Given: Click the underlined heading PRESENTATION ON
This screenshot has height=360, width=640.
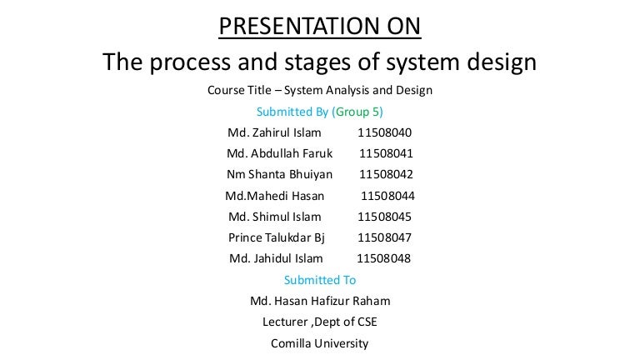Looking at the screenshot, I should tap(320, 27).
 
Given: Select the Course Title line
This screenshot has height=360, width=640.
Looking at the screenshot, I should tap(320, 91).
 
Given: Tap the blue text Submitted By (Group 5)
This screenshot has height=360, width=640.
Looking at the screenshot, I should tap(320, 112).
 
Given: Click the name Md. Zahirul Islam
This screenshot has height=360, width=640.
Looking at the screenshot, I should tap(273, 132).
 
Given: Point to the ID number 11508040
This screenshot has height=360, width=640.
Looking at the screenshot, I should tap(384, 132).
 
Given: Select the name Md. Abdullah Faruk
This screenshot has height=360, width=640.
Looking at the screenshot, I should tap(279, 153).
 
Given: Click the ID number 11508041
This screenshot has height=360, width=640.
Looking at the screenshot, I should tap(387, 153).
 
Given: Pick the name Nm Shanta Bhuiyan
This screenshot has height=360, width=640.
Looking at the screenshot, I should tap(279, 174).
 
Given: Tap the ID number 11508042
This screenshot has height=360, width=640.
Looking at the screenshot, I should tap(387, 174).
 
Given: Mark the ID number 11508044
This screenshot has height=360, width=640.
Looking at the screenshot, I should tap(387, 196).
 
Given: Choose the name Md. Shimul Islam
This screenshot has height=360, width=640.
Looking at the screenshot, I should tap(274, 217).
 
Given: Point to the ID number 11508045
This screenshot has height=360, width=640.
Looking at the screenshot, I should tap(384, 217).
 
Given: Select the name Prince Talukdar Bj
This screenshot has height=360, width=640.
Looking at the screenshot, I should tap(275, 237).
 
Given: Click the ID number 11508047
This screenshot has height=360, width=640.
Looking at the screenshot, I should tap(384, 237).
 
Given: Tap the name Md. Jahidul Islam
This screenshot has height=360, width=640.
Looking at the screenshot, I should tap(276, 258).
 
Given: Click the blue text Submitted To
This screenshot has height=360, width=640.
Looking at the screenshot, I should tap(320, 280).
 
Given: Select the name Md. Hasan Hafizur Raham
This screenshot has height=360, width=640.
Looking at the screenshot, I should tap(320, 301).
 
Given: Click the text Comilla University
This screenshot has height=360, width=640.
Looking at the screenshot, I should tap(320, 342).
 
